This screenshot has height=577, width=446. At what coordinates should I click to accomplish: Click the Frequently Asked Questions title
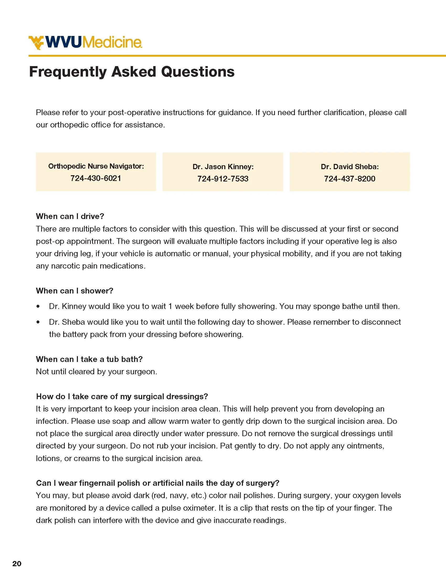pyautogui.click(x=132, y=72)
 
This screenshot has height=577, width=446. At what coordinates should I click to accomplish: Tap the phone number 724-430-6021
pyautogui.click(x=96, y=178)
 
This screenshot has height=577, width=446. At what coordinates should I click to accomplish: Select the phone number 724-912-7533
pyautogui.click(x=223, y=179)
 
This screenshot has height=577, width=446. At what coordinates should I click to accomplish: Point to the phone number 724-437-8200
pyautogui.click(x=349, y=179)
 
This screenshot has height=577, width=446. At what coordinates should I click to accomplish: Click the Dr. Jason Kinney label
pyautogui.click(x=223, y=167)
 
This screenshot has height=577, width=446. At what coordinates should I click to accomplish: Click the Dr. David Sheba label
pyautogui.click(x=349, y=167)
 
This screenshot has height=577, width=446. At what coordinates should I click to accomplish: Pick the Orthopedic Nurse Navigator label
pyautogui.click(x=96, y=166)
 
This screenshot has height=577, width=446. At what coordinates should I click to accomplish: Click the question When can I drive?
pyautogui.click(x=70, y=216)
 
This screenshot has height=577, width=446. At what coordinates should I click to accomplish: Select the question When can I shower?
pyautogui.click(x=75, y=291)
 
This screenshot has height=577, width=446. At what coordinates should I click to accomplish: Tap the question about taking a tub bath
pyautogui.click(x=89, y=359)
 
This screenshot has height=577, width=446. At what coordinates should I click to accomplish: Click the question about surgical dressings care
pyautogui.click(x=122, y=397)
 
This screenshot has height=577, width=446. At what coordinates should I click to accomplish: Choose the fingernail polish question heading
pyautogui.click(x=157, y=483)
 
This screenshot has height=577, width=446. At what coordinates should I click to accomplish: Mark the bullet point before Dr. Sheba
pyautogui.click(x=39, y=322)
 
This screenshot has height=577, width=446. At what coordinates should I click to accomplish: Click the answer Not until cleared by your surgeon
pyautogui.click(x=97, y=372)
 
